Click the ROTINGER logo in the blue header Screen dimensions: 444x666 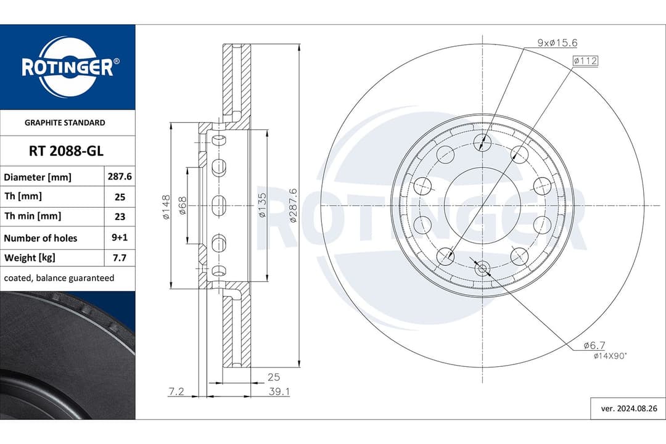(x=67, y=67)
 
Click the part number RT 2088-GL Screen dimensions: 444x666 (x=67, y=150)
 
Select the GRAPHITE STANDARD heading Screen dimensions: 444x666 (x=65, y=123)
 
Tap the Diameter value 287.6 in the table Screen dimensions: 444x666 (x=120, y=176)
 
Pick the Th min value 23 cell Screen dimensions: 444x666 (x=120, y=216)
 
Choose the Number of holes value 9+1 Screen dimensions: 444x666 (x=120, y=237)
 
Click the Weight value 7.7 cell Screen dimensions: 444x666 (x=120, y=258)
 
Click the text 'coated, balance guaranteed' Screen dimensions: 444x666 (x=59, y=278)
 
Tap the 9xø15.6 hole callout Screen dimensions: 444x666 (x=557, y=43)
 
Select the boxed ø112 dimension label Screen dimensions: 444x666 (x=585, y=60)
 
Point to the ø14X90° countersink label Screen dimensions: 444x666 (x=610, y=356)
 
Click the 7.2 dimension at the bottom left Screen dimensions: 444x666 (x=177, y=391)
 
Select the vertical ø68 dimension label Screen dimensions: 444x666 (x=183, y=206)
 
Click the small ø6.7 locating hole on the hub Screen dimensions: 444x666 (x=482, y=268)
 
